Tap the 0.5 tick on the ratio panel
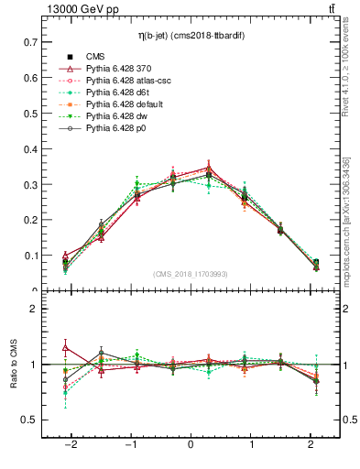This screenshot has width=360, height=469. click(30, 420)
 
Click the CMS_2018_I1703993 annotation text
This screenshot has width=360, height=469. click(191, 274)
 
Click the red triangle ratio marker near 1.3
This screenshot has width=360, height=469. click(65, 347)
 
